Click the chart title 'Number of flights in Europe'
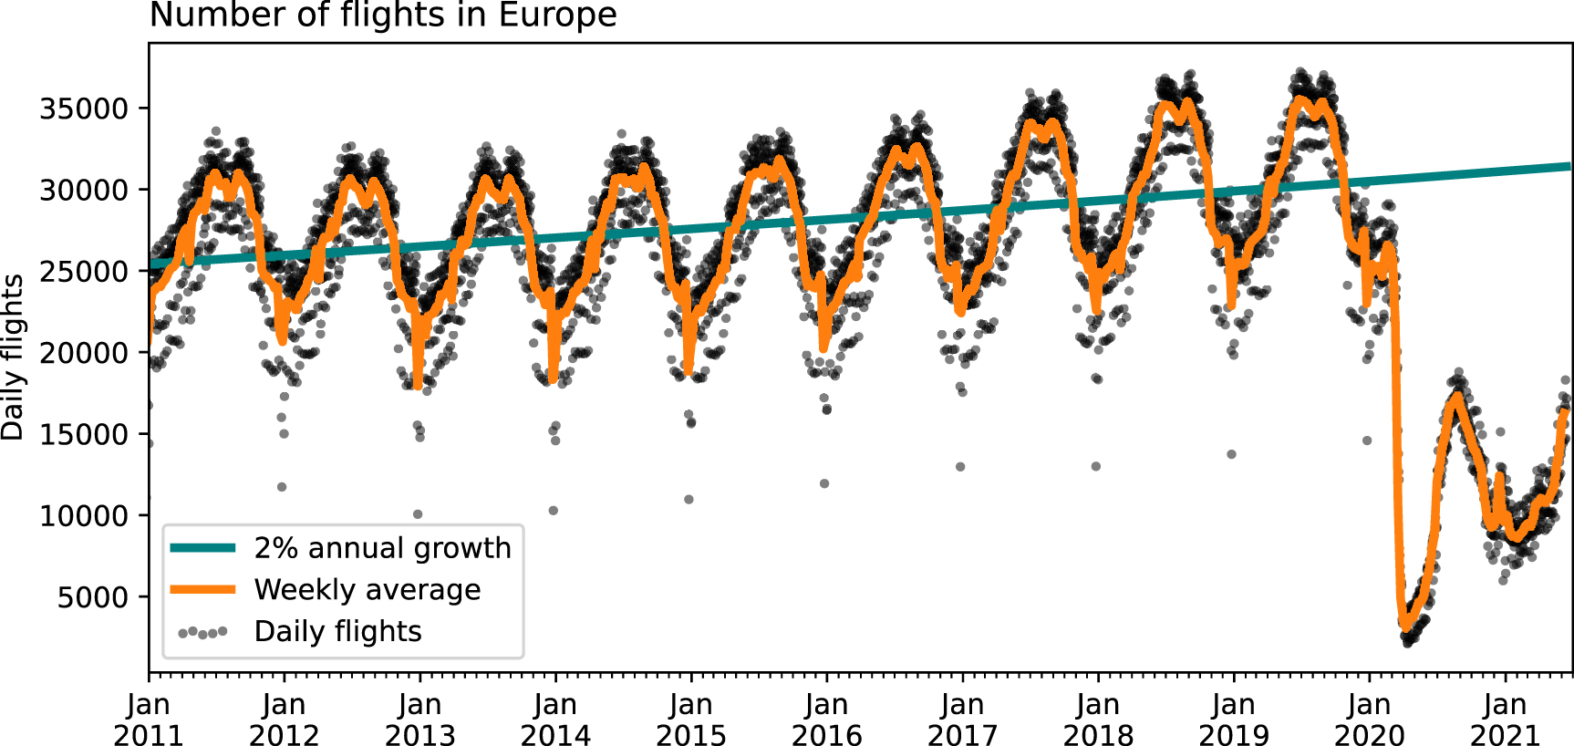click(383, 16)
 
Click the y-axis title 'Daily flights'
click(13, 357)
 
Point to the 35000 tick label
click(84, 109)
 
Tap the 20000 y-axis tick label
click(84, 353)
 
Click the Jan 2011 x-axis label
click(148, 720)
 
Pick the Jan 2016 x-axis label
click(826, 720)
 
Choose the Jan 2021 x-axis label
click(1504, 720)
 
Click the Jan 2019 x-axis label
click(1233, 720)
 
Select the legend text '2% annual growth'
click(382, 548)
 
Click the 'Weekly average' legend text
click(367, 590)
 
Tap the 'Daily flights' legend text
click(337, 631)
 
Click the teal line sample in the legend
click(202, 548)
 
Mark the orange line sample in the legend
click(202, 590)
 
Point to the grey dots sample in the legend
click(202, 632)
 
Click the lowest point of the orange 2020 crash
click(1405, 627)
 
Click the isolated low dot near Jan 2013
click(418, 514)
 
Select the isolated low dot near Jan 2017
click(960, 467)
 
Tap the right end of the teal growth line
click(1569, 166)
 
